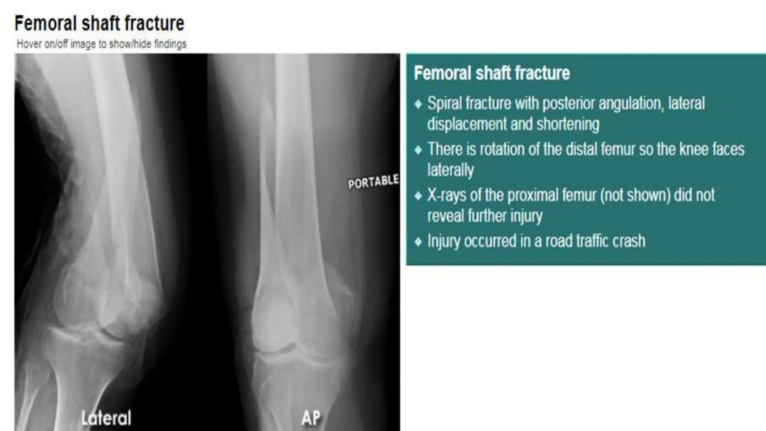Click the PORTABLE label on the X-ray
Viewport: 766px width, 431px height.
tap(373, 182)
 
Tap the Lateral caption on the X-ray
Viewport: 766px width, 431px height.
tap(107, 418)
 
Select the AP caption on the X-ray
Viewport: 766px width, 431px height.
tap(311, 418)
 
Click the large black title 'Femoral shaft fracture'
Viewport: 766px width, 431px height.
tap(99, 23)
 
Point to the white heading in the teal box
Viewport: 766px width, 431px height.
tap(492, 73)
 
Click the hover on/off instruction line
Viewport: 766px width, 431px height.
tap(101, 44)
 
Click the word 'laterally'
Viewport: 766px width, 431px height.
tap(450, 170)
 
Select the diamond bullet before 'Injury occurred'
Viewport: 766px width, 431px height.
tap(418, 241)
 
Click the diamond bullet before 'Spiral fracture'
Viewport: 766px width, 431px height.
tap(418, 104)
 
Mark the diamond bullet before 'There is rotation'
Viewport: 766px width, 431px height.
tap(418, 150)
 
